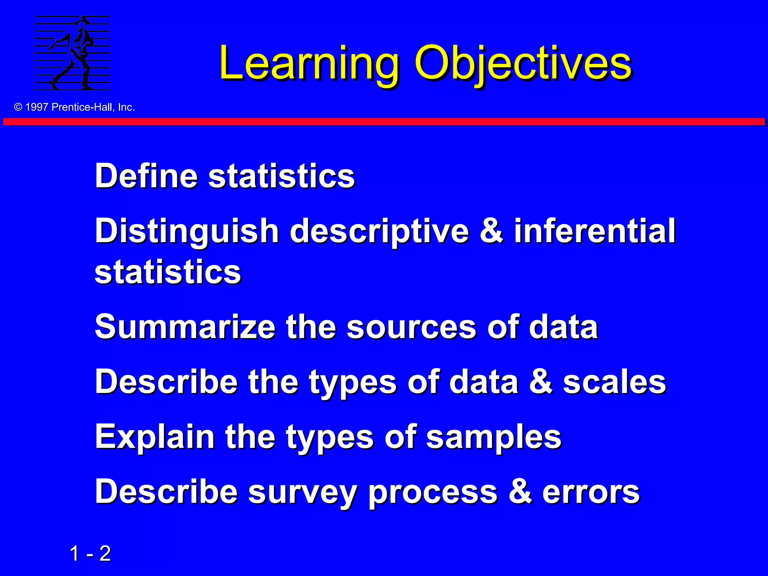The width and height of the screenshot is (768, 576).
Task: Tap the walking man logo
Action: pyautogui.click(x=73, y=53)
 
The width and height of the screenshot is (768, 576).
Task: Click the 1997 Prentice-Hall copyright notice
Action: pyautogui.click(x=74, y=107)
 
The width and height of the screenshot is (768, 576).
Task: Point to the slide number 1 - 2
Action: pyautogui.click(x=90, y=553)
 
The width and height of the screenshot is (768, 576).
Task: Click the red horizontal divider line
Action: pyautogui.click(x=384, y=122)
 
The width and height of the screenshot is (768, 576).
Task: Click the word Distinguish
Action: pyautogui.click(x=187, y=232)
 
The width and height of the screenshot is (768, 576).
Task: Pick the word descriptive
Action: pyautogui.click(x=379, y=232)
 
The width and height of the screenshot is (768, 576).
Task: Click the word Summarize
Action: pyautogui.click(x=185, y=327)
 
